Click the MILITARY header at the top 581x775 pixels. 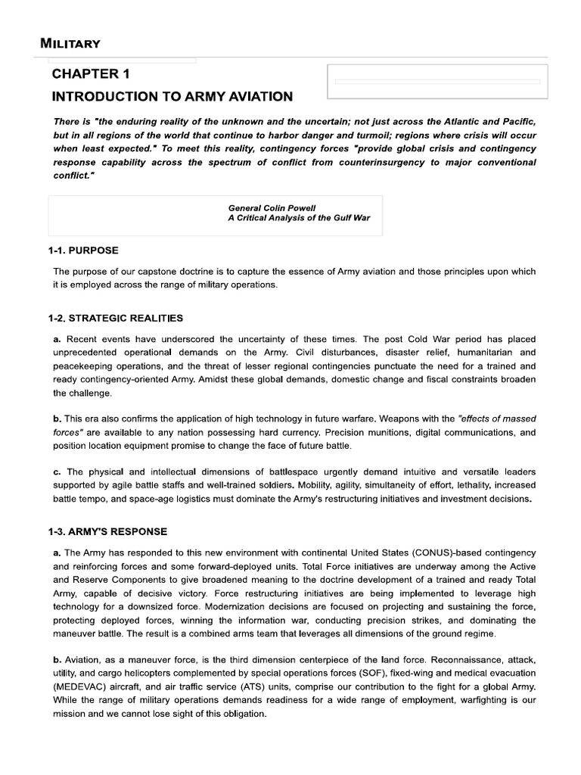click(x=70, y=43)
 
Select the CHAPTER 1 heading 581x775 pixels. click(x=96, y=73)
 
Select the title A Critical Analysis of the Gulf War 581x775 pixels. click(x=299, y=218)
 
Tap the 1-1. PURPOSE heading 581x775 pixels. click(x=83, y=251)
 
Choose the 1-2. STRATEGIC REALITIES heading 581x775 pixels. click(x=115, y=318)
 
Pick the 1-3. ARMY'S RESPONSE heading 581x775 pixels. click(x=107, y=532)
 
